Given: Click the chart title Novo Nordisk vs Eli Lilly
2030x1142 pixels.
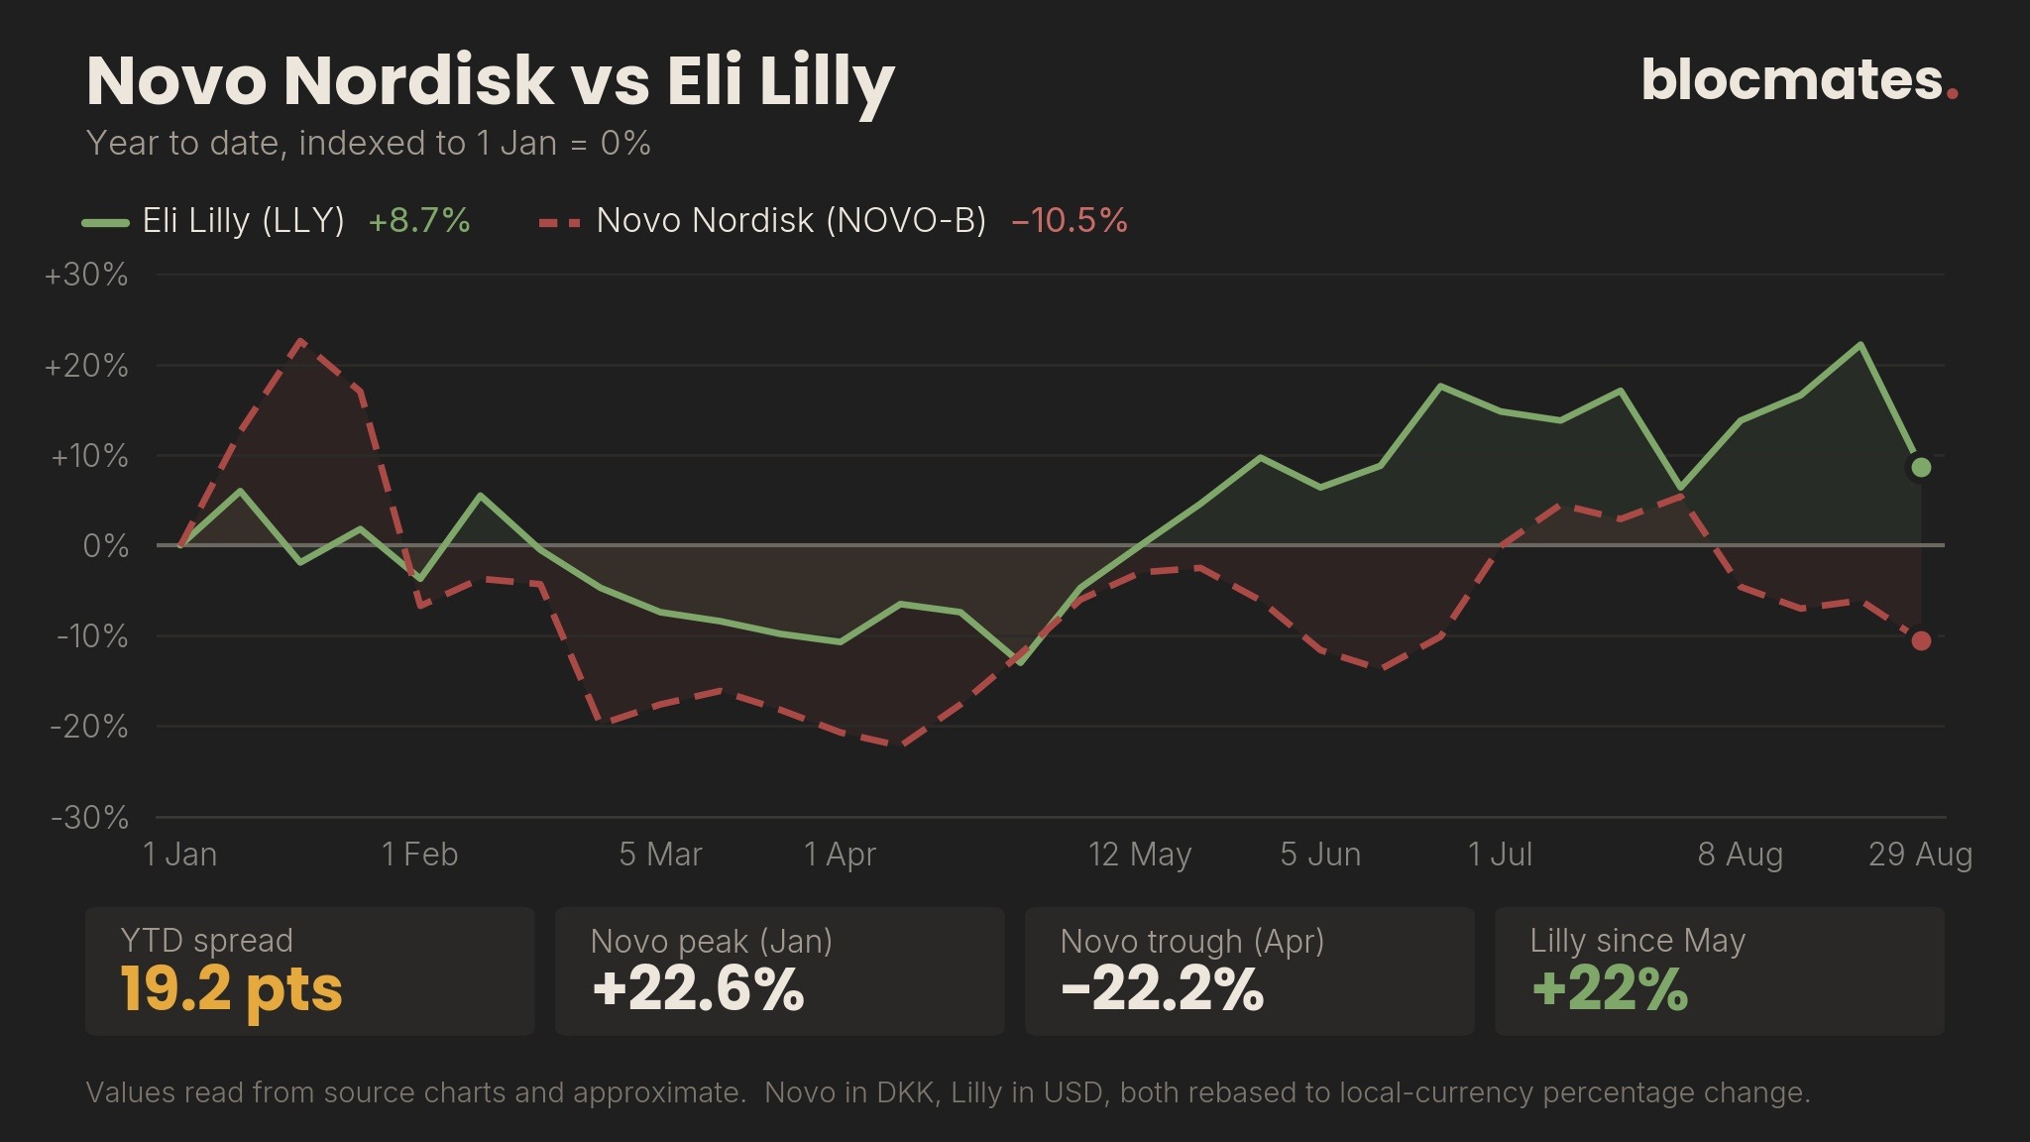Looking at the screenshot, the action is pos(491,81).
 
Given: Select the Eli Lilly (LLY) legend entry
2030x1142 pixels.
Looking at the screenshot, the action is pos(277,220).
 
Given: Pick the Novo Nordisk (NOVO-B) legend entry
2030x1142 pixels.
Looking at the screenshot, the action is pos(833,220).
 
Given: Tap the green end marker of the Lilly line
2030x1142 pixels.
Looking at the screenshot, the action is pos(1921,467).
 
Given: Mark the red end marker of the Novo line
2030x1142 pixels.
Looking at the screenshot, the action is pos(1921,640).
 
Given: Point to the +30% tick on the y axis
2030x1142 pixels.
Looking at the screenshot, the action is pos(86,275).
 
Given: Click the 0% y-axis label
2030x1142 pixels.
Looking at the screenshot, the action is pos(106,546).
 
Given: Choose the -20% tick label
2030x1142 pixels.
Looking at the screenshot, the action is pos(89,727).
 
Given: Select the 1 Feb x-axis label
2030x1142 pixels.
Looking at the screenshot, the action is pos(420,854).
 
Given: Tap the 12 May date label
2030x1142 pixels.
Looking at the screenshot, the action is pos(1140,854).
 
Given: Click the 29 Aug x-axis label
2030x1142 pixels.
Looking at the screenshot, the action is pos(1920,854).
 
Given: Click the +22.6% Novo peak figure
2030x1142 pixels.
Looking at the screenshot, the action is pos(698,989).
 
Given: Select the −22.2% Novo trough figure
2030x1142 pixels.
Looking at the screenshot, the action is pos(1162,989).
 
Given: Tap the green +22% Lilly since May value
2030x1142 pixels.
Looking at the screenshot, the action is pos(1610,989).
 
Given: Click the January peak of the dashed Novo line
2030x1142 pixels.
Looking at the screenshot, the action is pos(301,340).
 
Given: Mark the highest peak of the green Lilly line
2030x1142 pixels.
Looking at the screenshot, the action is pos(1861,344).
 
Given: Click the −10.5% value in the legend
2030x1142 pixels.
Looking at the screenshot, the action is pos(1070,220).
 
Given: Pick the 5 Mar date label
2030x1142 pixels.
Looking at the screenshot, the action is pos(660,854).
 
